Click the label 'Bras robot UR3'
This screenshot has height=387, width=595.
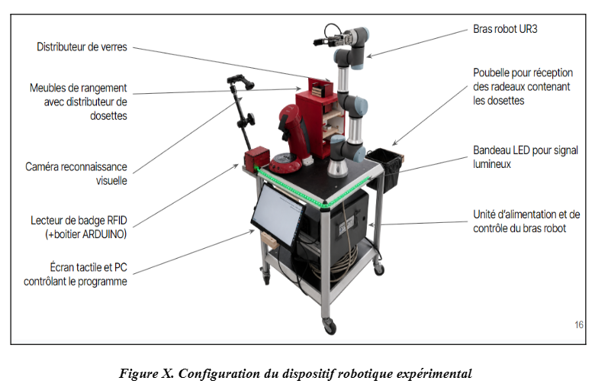[x=505, y=29]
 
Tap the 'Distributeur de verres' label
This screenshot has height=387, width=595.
[x=82, y=47]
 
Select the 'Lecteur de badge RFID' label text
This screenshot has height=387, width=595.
[x=79, y=221]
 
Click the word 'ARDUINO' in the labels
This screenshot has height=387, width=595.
[x=103, y=234]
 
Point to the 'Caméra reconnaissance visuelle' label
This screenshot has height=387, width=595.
[x=76, y=173]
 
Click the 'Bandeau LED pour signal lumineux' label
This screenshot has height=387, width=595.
[x=526, y=156]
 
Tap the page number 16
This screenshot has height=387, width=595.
[x=579, y=324]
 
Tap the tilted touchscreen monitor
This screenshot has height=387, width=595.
[x=278, y=215]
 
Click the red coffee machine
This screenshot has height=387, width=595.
[x=291, y=140]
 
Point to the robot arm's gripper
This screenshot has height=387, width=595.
[x=329, y=40]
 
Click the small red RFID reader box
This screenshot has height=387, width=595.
[x=256, y=158]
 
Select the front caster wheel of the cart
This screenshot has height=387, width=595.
[x=330, y=326]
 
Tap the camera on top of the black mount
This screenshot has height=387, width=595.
[x=240, y=81]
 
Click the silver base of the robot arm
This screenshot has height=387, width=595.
[x=337, y=168]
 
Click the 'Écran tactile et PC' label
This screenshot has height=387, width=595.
[x=88, y=267]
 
